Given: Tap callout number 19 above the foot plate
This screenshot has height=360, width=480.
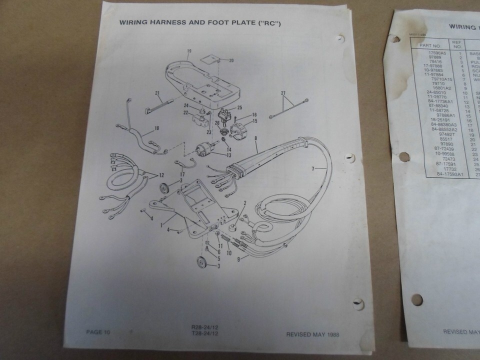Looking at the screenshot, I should click(189, 50).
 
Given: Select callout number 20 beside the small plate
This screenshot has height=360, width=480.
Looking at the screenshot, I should click(231, 60).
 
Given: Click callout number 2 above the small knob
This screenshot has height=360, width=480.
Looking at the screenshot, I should click(245, 203).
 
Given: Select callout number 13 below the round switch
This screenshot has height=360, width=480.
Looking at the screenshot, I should click(229, 155).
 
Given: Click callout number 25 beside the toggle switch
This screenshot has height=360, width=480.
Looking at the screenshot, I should click(239, 107).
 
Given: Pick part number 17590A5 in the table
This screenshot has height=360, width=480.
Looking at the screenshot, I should click(433, 52).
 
